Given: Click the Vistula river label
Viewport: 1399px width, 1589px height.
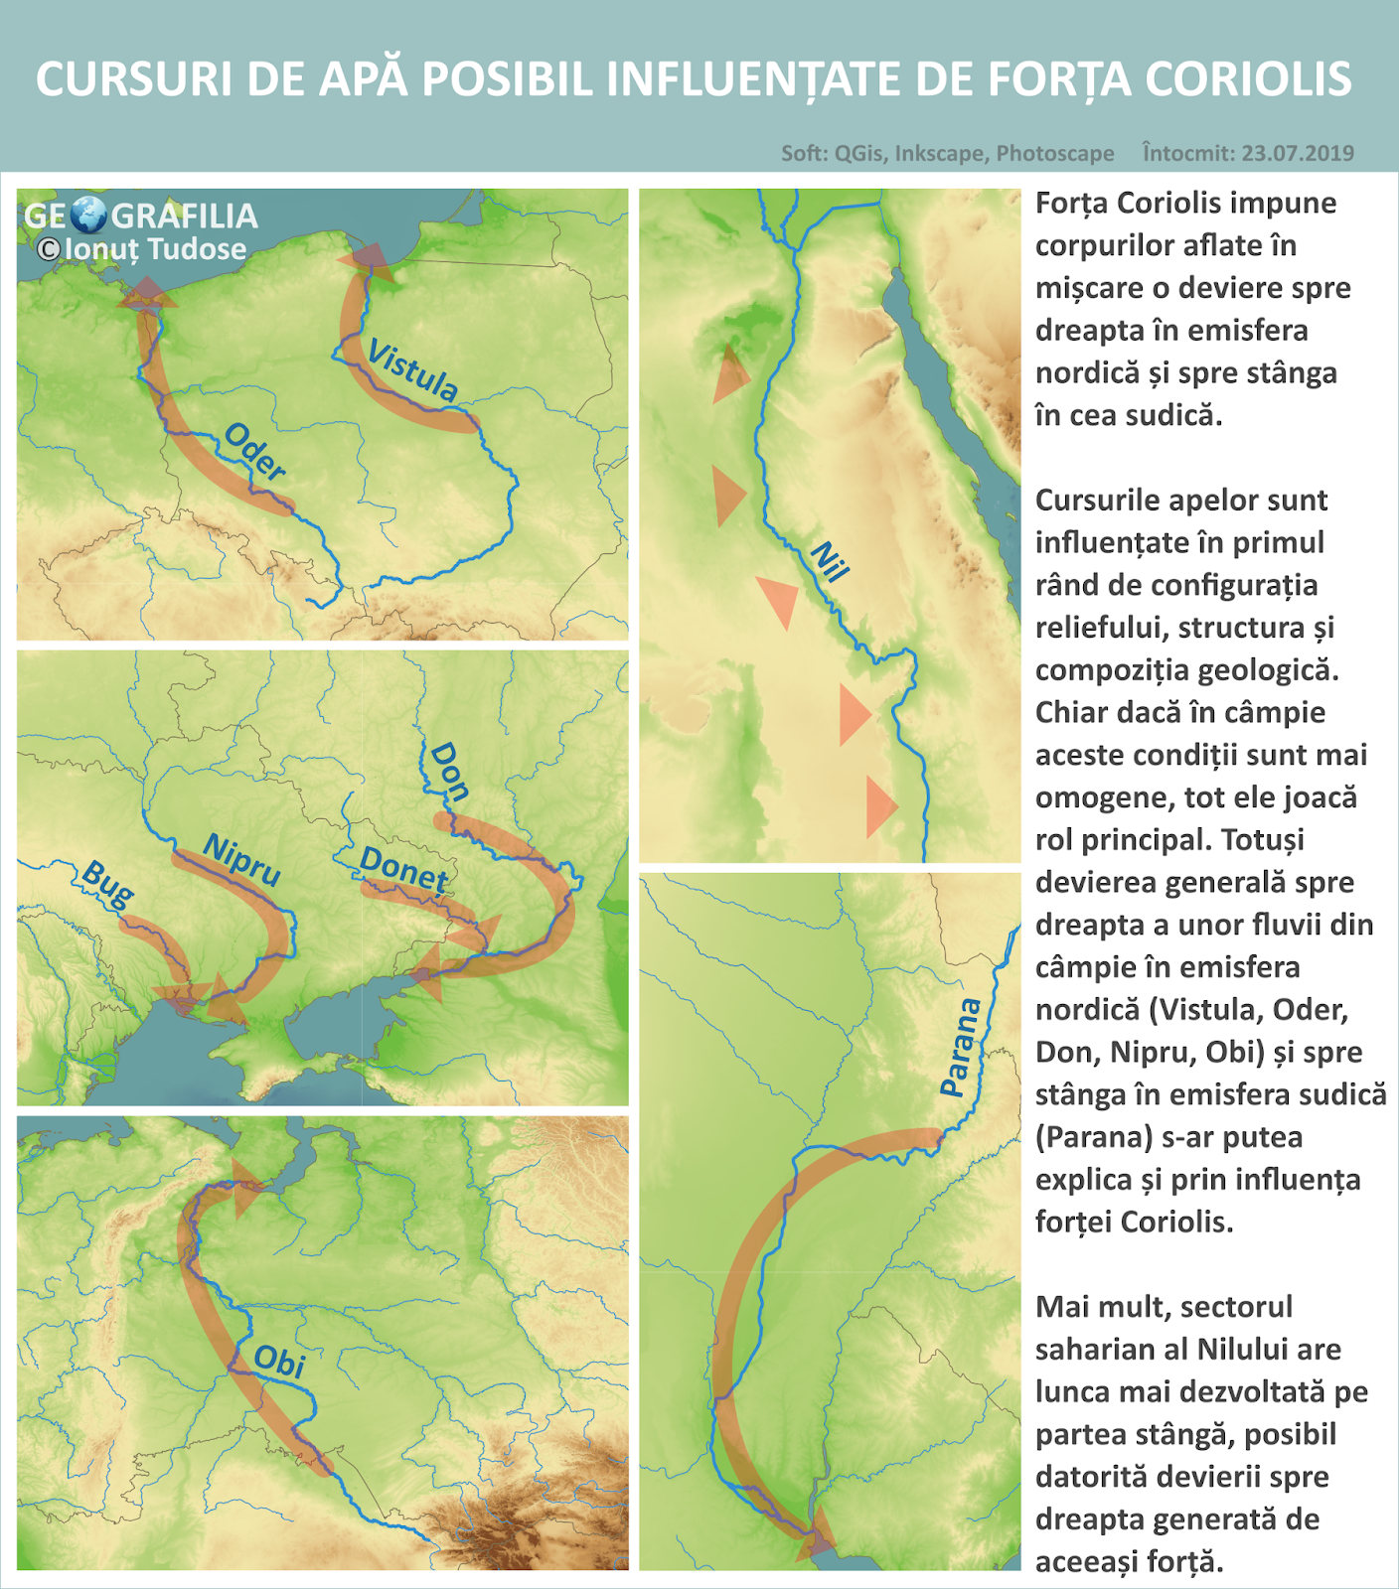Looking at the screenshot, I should pos(413,369).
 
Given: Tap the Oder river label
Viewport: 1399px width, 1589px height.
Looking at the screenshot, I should pos(255,451).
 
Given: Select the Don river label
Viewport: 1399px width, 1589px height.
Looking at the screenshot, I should pos(449,771).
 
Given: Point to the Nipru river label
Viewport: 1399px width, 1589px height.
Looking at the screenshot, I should pos(242,860).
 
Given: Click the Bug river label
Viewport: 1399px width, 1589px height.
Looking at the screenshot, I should pos(107,883).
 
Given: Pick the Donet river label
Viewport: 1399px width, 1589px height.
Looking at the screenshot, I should pos(403,869).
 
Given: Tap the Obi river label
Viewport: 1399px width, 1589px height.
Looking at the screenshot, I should pos(279,1362).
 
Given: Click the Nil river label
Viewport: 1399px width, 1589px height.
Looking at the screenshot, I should pos(830,561).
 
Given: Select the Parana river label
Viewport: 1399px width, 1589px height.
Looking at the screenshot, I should pos(960,1048).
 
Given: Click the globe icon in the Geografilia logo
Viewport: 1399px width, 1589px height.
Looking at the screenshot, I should pos(89,215).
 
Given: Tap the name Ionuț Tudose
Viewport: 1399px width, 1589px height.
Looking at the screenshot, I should pos(155,249).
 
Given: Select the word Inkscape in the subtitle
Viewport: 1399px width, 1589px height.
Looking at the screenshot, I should pos(940,153).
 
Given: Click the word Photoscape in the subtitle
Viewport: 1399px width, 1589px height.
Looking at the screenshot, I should pos(1055,153).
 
